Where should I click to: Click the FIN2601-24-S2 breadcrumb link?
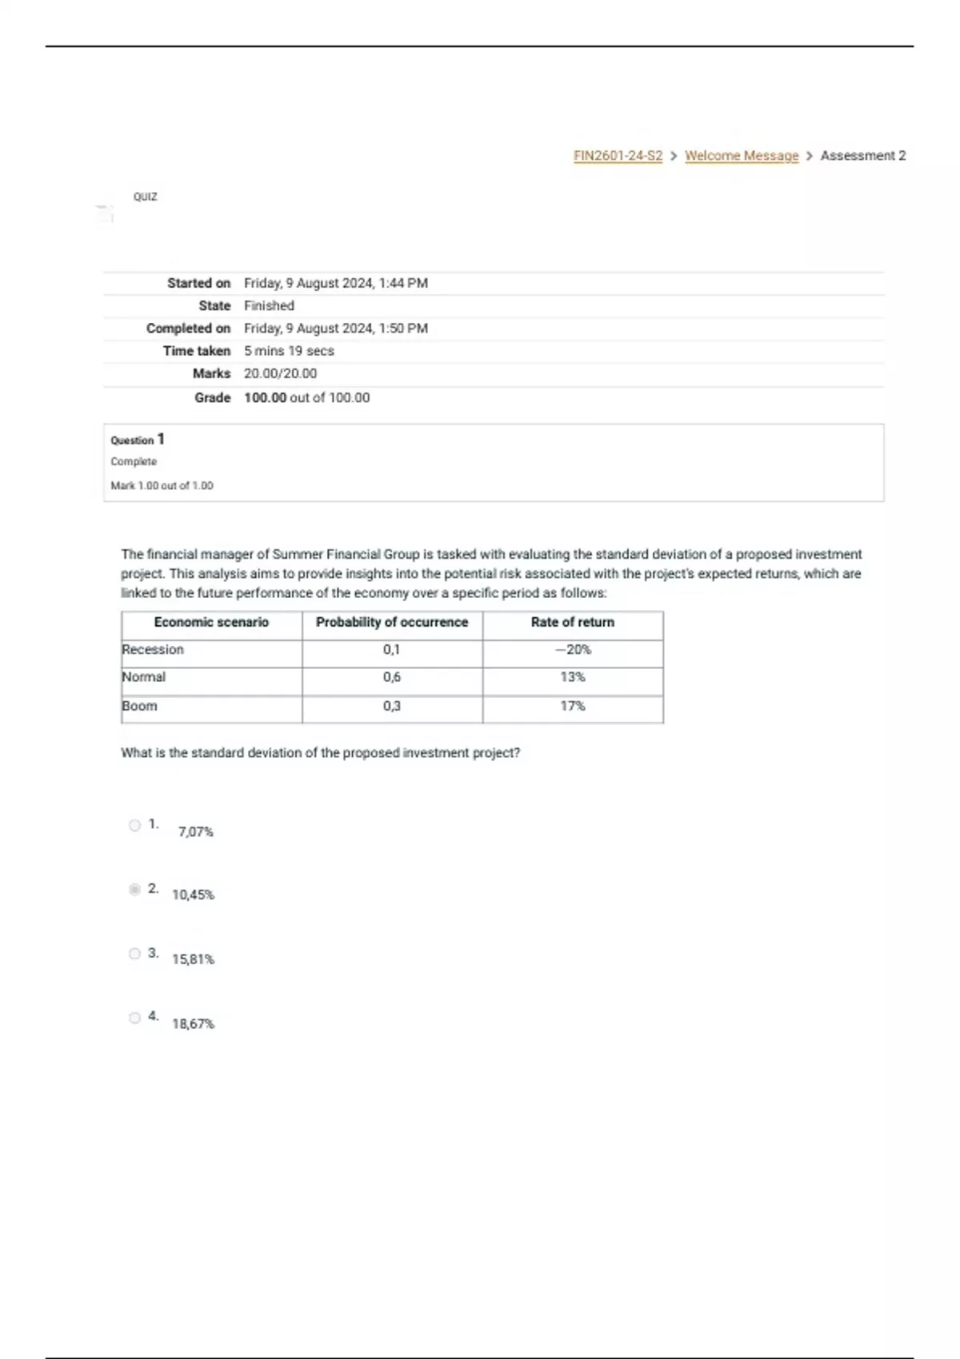[618, 156]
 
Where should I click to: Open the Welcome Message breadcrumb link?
[742, 156]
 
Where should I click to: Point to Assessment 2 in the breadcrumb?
[863, 156]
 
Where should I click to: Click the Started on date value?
[336, 283]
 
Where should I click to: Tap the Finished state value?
[269, 305]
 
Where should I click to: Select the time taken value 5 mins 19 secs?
[289, 351]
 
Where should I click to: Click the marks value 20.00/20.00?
[280, 373]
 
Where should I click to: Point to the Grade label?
[212, 397]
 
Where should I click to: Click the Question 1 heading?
[138, 440]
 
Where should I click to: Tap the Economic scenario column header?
[211, 622]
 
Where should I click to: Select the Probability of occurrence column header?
[392, 622]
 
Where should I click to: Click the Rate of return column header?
[573, 622]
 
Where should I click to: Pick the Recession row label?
[153, 650]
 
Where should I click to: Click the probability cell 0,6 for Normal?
[392, 677]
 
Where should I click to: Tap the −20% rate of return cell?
[573, 650]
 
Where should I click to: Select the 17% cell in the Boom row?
[573, 706]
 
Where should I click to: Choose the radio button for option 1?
[134, 825]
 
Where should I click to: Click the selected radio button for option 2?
[134, 889]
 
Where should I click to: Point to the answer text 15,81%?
[193, 959]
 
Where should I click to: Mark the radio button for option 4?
[134, 1018]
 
